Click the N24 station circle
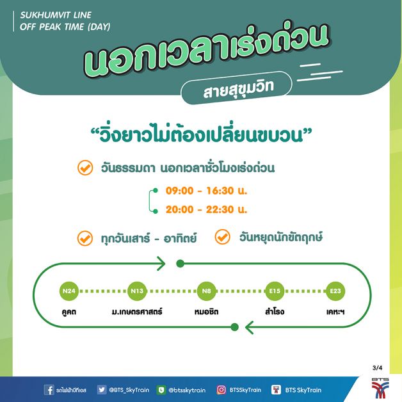pos(69,291)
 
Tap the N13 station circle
pos(137,291)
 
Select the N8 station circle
pos(206,291)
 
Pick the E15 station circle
pos(275,291)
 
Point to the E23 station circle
pos(335,291)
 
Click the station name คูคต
pos(69,312)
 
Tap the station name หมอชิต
pos(206,312)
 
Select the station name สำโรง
pos(275,312)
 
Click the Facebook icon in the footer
pos(49,390)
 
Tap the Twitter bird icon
pos(102,390)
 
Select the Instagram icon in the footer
pos(221,390)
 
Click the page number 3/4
pos(377,368)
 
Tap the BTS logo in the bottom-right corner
pos(380,388)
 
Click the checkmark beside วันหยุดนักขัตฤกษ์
pos(222,237)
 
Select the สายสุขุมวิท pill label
pos(236,88)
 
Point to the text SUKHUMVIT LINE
pos(56,15)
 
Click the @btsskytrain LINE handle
pos(187,390)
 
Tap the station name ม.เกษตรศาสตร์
pos(137,312)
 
